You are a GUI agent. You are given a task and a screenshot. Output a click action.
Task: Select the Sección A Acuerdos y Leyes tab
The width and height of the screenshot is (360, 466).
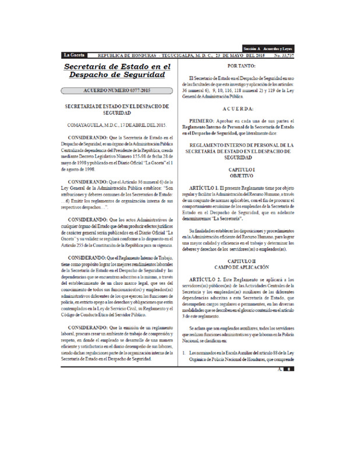(x=269, y=48)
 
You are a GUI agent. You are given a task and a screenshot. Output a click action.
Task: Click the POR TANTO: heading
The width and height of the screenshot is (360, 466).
(x=237, y=66)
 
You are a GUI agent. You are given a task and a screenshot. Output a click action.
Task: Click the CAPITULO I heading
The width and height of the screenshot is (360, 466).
(x=237, y=169)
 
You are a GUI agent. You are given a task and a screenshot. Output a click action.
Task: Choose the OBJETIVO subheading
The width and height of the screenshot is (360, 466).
(x=237, y=175)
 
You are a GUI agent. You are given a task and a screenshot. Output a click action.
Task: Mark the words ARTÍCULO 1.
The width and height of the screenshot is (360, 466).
(x=208, y=189)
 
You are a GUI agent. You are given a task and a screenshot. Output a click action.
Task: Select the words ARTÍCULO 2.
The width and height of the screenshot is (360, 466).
(x=208, y=280)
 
